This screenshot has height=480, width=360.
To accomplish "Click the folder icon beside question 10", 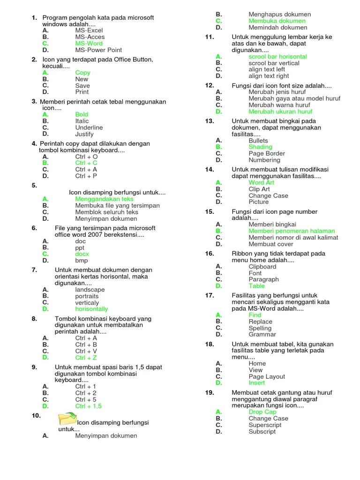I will (67, 418).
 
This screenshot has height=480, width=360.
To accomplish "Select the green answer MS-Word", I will (89, 44).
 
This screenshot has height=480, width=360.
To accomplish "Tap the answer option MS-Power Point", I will (98, 50).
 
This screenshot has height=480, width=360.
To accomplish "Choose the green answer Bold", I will (82, 114).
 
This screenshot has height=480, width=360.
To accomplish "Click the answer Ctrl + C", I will (86, 163).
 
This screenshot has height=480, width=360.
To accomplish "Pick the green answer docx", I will (82, 254).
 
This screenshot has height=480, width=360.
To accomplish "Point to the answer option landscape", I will (90, 290).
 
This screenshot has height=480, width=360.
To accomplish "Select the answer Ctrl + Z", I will (86, 358).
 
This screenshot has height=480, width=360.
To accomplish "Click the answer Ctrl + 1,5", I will (88, 406).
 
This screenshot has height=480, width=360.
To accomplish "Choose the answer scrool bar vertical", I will (274, 63).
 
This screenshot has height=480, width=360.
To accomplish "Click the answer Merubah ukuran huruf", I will (280, 112).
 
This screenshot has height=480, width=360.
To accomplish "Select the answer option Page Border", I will (267, 153).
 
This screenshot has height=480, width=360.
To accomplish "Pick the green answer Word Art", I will (262, 183).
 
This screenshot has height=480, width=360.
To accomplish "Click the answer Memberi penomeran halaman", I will (292, 231).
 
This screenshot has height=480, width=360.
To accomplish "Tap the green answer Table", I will (256, 286).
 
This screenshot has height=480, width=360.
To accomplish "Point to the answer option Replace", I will (260, 322).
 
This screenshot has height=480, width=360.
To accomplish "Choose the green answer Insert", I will (256, 383).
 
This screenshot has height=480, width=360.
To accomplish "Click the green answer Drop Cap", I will (262, 412).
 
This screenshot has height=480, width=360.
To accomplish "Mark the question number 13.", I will (210, 121).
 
